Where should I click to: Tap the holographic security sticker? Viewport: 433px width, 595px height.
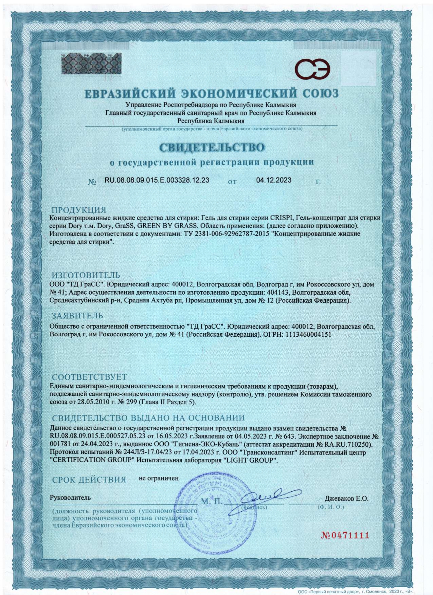(x=91, y=63)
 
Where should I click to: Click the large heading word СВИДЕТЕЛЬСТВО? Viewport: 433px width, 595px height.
(x=212, y=147)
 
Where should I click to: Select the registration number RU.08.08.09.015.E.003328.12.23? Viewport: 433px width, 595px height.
(x=157, y=180)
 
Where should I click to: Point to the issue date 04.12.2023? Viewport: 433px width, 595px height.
(x=273, y=180)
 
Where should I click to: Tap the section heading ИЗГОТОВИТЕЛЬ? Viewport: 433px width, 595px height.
(x=86, y=275)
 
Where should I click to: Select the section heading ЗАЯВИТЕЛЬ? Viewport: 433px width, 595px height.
(x=77, y=316)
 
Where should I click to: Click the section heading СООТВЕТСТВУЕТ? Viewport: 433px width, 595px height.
(x=89, y=377)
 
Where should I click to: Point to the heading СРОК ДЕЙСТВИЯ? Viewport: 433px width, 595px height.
(x=89, y=480)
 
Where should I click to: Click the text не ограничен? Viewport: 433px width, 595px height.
(x=159, y=478)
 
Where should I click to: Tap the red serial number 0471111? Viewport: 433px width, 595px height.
(x=345, y=535)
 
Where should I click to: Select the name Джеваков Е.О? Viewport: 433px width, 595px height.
(x=346, y=498)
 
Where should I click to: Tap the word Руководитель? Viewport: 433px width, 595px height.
(x=70, y=498)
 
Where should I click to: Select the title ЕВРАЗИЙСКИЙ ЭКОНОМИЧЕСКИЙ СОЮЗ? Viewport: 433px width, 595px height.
(x=211, y=93)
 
